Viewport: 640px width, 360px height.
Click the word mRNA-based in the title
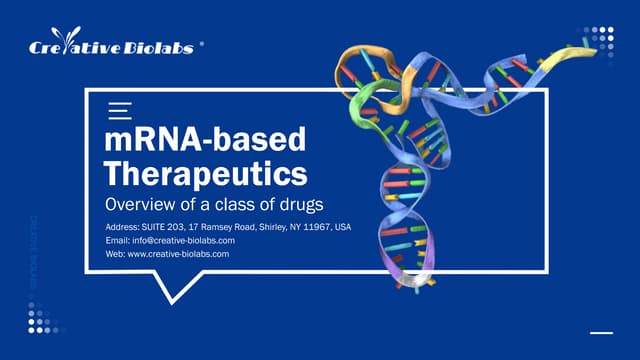tap(205, 139)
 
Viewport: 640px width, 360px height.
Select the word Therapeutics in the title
tap(206, 173)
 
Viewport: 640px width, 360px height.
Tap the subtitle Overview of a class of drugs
tap(215, 205)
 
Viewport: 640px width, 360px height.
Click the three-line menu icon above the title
tap(119, 110)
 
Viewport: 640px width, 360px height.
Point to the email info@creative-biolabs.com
tap(185, 241)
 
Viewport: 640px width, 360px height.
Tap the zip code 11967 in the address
tap(317, 227)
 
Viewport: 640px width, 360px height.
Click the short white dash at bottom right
tap(601, 332)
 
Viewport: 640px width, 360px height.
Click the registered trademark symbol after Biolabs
tap(203, 45)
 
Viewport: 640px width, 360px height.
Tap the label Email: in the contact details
tap(118, 241)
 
